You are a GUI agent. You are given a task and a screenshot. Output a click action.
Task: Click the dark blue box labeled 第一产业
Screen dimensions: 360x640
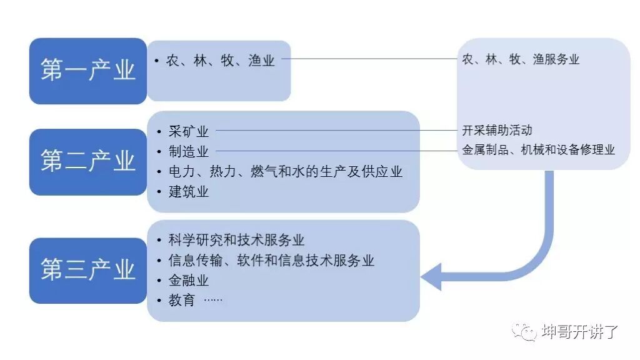tap(88, 71)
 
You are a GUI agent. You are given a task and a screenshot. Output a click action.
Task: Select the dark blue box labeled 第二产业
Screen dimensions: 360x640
tap(88, 162)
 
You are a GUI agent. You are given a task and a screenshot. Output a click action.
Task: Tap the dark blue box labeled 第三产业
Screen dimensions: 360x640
tap(88, 270)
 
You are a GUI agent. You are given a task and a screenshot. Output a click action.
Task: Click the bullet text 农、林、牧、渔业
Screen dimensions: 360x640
tap(220, 61)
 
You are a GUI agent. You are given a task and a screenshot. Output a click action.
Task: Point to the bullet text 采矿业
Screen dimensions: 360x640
tap(188, 131)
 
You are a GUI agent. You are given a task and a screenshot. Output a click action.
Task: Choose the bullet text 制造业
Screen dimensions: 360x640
tap(188, 151)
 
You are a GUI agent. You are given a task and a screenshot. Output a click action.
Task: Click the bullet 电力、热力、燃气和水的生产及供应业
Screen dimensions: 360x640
tap(285, 171)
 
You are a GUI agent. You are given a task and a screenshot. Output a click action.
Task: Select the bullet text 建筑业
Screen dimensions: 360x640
tap(188, 191)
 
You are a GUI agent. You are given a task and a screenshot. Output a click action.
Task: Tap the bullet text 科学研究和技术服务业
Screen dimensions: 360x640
tap(236, 240)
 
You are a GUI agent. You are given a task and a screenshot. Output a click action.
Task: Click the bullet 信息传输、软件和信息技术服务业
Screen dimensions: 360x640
tap(271, 260)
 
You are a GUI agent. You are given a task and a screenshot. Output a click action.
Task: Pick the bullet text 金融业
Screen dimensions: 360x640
tap(188, 280)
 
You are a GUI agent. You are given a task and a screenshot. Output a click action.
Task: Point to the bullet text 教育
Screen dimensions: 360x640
tap(182, 300)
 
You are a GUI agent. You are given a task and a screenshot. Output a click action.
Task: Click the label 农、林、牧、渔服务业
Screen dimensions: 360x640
tap(521, 59)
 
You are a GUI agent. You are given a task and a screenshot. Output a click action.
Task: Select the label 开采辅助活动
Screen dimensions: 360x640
tap(497, 131)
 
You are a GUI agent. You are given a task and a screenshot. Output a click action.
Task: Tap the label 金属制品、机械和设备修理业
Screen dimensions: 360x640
tap(538, 150)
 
